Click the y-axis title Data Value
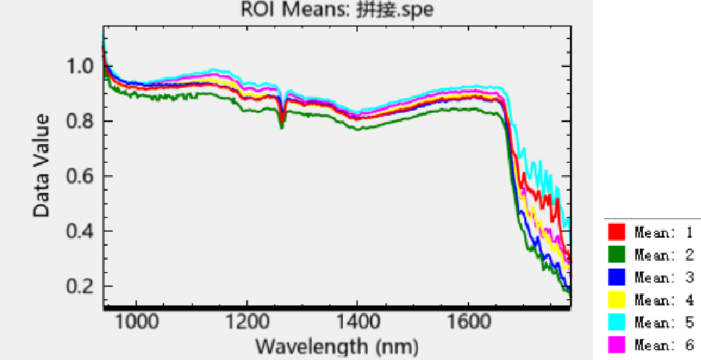tap(42, 165)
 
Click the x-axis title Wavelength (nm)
tap(337, 345)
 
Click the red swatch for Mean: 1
tap(616, 232)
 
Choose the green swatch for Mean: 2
tap(616, 254)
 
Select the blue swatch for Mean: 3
tap(616, 277)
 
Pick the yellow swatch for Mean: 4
tap(616, 300)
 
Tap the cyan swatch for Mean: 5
tap(616, 323)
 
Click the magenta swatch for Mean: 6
tap(616, 345)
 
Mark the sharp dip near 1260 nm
tap(281, 123)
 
